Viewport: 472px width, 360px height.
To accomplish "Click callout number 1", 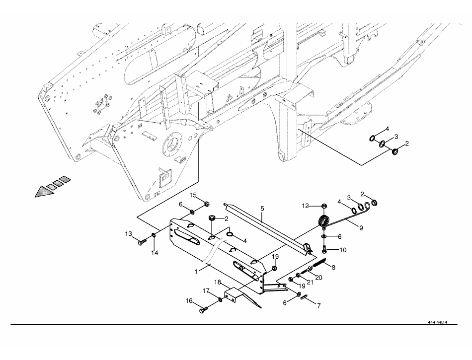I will pos(197,272).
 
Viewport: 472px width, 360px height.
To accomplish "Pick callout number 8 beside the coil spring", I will pos(333,267).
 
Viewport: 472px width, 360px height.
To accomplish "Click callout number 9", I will pos(361,228).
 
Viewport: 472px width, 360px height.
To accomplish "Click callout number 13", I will pos(129,234).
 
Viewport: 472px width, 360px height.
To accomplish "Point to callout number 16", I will pos(189,301).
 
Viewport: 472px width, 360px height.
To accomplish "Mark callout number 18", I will pos(218,282).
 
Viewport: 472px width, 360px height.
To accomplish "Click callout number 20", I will pos(318,277).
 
